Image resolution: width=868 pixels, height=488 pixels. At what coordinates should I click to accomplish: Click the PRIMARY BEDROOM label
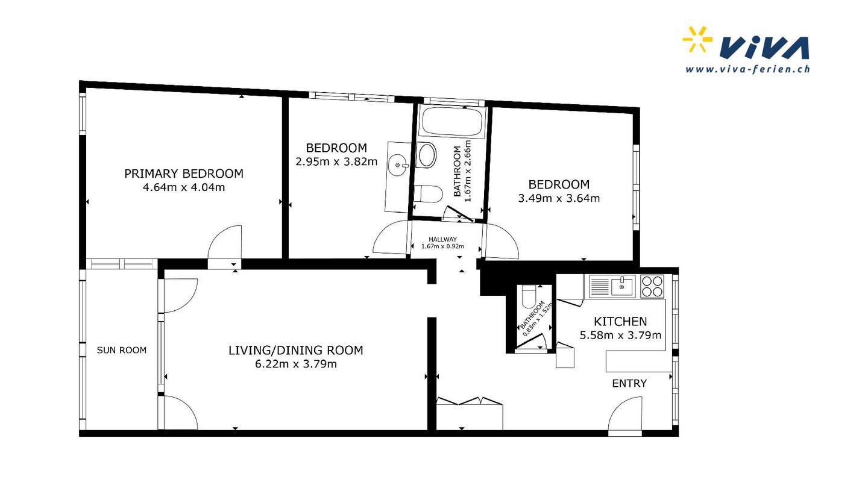coord(184,174)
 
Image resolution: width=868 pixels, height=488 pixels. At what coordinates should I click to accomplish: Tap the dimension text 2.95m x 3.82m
coord(336,161)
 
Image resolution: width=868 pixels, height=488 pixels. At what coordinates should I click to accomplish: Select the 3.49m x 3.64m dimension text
coord(559,198)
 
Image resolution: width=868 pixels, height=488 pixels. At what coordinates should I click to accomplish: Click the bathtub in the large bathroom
coord(452,121)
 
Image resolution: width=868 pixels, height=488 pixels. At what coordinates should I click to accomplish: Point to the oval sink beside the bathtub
coord(426,155)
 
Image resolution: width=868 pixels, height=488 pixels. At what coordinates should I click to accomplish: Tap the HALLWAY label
coord(442,239)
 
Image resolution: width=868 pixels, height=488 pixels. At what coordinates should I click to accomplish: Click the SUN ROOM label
coord(122,350)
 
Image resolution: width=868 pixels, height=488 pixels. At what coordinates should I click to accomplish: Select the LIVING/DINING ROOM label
coord(295,350)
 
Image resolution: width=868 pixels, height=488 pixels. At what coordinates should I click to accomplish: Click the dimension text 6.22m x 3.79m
coord(295,364)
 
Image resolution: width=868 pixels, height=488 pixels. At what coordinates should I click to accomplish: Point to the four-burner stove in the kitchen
coord(652,286)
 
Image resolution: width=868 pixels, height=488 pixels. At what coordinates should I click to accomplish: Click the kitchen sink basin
coord(623,287)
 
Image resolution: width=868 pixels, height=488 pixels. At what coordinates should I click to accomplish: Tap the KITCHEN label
coord(620,322)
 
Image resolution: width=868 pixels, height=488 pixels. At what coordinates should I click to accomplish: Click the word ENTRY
coord(629,383)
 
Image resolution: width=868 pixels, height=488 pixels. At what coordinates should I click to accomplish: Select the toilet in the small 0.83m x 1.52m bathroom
coord(529,296)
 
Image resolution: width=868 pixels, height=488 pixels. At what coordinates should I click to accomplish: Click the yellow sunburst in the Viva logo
coord(697,39)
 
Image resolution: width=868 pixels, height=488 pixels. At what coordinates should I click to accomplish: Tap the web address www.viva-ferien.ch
coord(747,69)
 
